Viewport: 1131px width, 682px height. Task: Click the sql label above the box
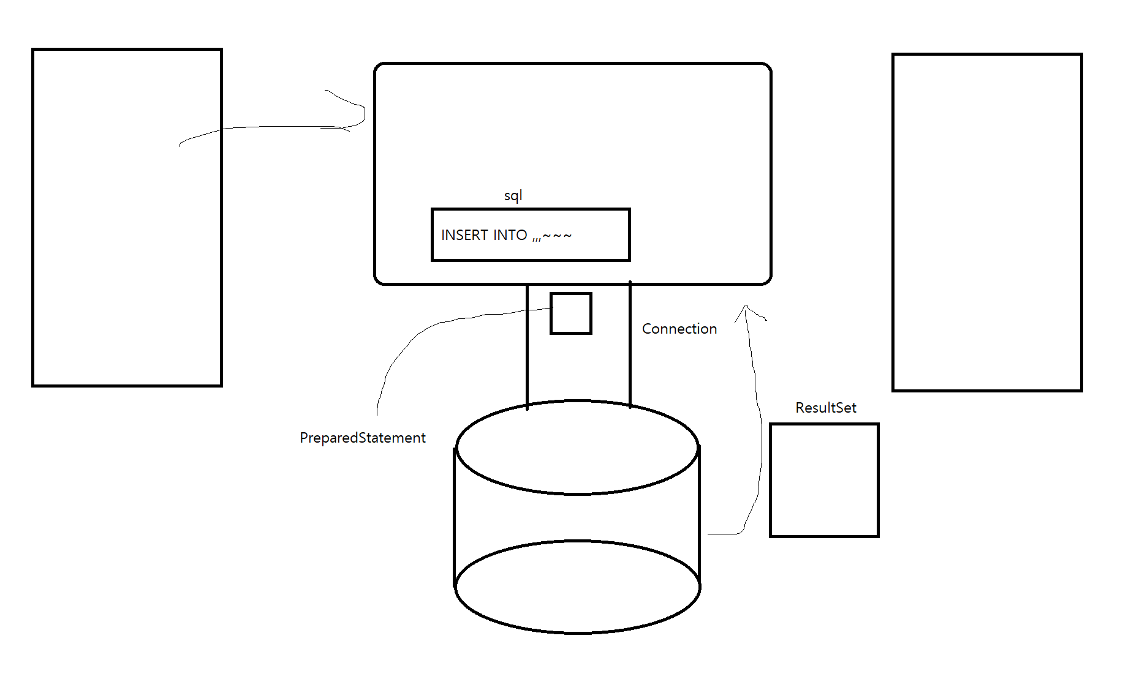[x=513, y=196]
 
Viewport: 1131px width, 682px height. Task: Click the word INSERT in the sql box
[x=466, y=235]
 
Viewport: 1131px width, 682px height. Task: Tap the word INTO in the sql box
[x=510, y=235]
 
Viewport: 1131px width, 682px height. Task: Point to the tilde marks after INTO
[x=557, y=236]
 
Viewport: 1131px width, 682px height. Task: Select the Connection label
[x=679, y=329]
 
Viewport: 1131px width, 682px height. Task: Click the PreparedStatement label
[x=362, y=438]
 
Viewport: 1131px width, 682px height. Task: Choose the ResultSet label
[x=825, y=408]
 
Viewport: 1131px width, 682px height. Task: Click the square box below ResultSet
[x=824, y=481]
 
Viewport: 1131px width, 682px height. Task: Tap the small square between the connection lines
[x=570, y=313]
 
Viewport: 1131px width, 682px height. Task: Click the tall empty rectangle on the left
[x=127, y=217]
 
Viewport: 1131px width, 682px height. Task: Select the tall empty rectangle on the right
[x=987, y=222]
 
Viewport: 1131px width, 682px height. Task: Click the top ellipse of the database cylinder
[x=577, y=448]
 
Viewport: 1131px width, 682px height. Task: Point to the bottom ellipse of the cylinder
[x=577, y=586]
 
